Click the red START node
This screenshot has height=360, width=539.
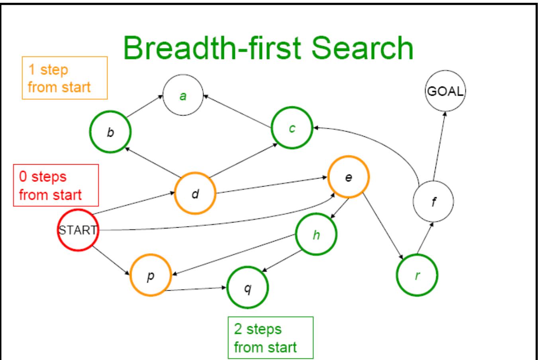78,230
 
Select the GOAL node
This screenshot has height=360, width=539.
445,92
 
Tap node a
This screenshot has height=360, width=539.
183,96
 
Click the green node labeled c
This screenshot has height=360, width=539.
292,128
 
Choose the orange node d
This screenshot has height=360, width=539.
195,194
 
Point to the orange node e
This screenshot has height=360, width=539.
348,177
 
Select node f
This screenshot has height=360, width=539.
433,202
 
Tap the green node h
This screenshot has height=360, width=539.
316,235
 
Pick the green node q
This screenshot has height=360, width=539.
247,287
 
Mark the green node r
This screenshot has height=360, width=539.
417,275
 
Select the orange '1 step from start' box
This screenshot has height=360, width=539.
62,78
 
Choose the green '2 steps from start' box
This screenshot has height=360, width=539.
270,338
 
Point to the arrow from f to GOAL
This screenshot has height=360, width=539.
439,147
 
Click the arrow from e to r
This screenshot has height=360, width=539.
382,225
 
